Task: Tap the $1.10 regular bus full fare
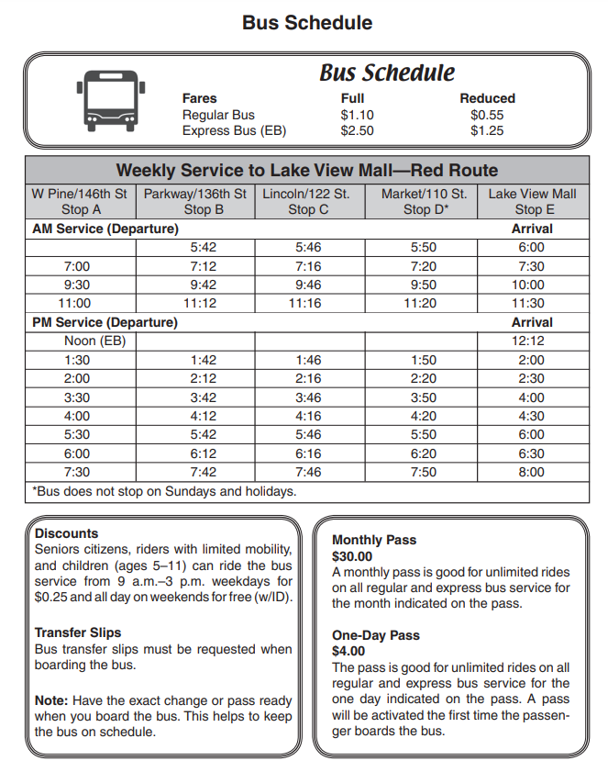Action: coord(357,115)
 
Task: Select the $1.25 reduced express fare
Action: coord(487,131)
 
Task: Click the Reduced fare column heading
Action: coord(487,98)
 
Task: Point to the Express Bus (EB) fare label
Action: coord(234,131)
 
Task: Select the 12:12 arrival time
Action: coord(531,341)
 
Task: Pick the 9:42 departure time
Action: coord(204,285)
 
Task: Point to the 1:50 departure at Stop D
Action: coord(423,360)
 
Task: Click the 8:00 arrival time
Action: coord(531,473)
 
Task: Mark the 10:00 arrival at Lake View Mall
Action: coord(531,285)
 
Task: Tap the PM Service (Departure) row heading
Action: coord(105,322)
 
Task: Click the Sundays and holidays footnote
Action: coord(165,491)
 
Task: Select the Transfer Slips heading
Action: coord(78,632)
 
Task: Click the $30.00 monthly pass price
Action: coord(352,556)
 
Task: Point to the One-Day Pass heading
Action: coord(376,635)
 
